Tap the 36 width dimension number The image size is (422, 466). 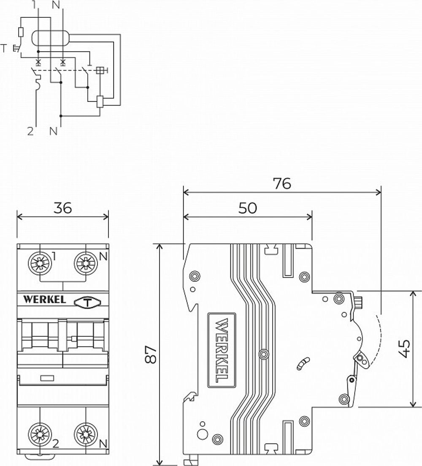click(x=62, y=207)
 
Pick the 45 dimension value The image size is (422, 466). click(x=404, y=349)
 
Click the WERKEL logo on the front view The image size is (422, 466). click(x=44, y=300)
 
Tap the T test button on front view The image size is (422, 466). click(x=87, y=302)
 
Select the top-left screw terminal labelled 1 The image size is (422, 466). click(x=40, y=264)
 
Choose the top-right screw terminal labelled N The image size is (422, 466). click(x=86, y=264)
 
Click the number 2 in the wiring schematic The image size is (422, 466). click(x=30, y=131)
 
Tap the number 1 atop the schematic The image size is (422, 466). click(x=34, y=5)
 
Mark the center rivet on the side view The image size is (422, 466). click(x=264, y=353)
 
